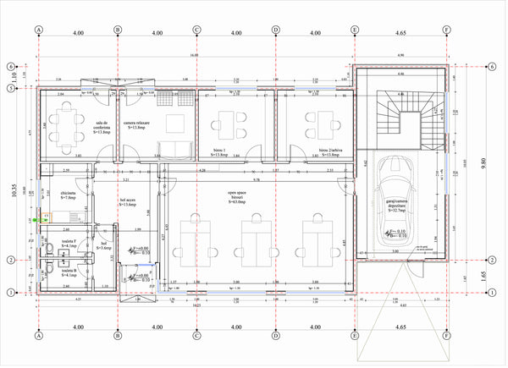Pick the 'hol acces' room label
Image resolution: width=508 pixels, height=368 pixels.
tap(128, 203)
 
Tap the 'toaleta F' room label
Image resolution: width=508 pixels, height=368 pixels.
tap(69, 243)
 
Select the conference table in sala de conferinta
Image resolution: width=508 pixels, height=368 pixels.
tap(69, 125)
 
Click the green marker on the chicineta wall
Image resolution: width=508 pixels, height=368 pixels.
tap(40, 218)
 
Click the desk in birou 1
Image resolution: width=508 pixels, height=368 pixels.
tap(227, 124)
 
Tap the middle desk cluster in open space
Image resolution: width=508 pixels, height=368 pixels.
tap(254, 236)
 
